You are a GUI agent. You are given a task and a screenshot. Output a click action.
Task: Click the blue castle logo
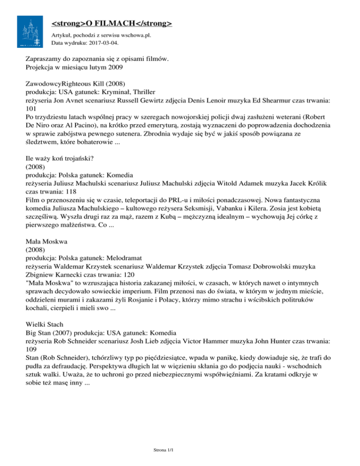coord(31,31)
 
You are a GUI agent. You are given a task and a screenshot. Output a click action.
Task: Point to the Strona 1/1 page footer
coord(164,450)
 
